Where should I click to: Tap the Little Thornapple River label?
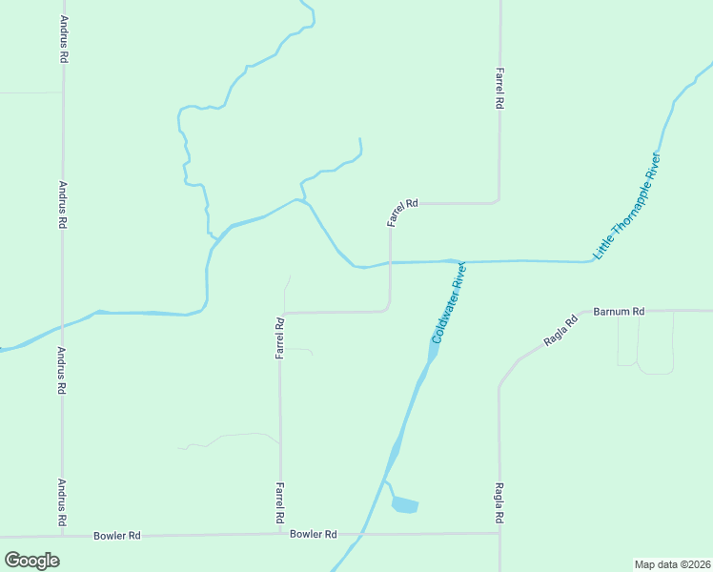[626, 206]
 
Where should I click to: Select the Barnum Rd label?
[619, 311]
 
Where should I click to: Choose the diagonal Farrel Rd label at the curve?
[402, 212]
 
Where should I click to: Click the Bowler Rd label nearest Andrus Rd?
[117, 536]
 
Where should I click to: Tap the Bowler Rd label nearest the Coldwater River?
[314, 535]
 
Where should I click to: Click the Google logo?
[31, 560]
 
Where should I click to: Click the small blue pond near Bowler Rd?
[404, 504]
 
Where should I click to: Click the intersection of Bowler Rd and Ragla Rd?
[499, 533]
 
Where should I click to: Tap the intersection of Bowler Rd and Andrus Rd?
[64, 537]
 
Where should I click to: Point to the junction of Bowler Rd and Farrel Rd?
[280, 535]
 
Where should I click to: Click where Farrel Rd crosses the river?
[390, 263]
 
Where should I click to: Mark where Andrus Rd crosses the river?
[63, 325]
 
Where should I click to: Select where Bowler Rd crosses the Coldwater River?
[358, 534]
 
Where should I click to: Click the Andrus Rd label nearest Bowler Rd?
[62, 501]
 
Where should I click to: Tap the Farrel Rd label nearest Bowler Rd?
[280, 503]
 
